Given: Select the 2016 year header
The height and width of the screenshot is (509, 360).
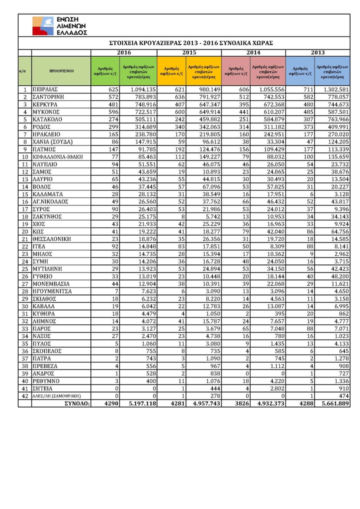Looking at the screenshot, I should pos(123,52).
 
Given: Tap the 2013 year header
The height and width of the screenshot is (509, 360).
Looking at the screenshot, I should pos(318,52).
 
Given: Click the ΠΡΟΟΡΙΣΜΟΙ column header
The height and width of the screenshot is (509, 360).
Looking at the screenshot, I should pos(61,71).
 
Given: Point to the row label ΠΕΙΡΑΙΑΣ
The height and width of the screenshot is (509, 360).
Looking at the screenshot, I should pos(48,89).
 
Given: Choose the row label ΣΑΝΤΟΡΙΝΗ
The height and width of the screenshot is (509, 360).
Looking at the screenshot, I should pos(50,96).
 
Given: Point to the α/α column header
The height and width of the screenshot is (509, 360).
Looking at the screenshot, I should pos(22,71).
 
